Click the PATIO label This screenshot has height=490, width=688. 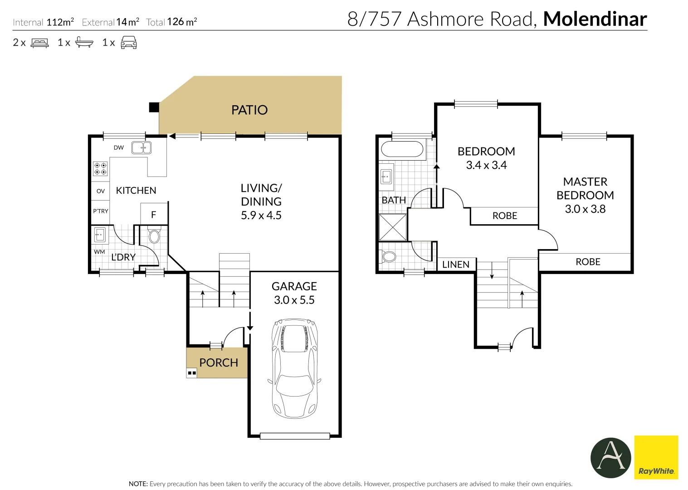pyautogui.click(x=249, y=110)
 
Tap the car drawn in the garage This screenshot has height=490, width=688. pyautogui.click(x=294, y=368)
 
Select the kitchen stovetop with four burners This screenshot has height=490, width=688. pyautogui.click(x=100, y=169)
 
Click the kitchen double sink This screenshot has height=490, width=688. pyautogui.click(x=142, y=148)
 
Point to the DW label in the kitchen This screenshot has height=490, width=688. pyautogui.click(x=118, y=148)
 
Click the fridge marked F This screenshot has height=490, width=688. pyautogui.click(x=154, y=214)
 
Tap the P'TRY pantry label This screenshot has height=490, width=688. pyautogui.click(x=101, y=211)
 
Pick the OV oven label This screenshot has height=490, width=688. pyautogui.click(x=101, y=191)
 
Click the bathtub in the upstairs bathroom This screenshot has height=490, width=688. pyautogui.click(x=402, y=149)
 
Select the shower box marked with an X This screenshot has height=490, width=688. pyautogui.click(x=393, y=227)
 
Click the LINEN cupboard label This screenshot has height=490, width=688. pyautogui.click(x=456, y=265)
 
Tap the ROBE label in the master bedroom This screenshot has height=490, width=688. pyautogui.click(x=588, y=262)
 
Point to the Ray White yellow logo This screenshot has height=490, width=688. pyautogui.click(x=656, y=457)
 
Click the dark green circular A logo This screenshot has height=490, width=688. pyautogui.click(x=610, y=458)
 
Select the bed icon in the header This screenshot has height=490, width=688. pyautogui.click(x=39, y=43)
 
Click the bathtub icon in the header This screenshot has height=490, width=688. pyautogui.click(x=84, y=42)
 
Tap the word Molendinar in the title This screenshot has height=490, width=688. pyautogui.click(x=595, y=19)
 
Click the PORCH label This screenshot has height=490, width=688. pyautogui.click(x=219, y=363)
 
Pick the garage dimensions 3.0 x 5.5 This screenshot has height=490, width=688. pyautogui.click(x=294, y=300)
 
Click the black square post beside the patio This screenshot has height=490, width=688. pyautogui.click(x=154, y=107)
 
